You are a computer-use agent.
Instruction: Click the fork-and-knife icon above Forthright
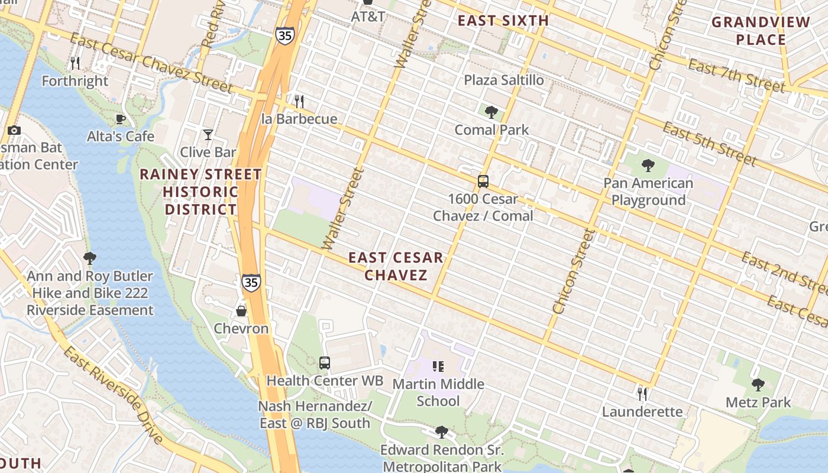(x=75, y=63)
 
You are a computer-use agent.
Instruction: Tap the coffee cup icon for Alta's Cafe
(x=121, y=119)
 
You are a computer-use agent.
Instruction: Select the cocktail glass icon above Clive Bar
(x=208, y=135)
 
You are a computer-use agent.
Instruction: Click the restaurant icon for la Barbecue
(x=299, y=101)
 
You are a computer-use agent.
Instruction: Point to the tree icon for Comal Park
(x=491, y=112)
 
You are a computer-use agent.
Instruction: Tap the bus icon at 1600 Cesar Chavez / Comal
(x=483, y=181)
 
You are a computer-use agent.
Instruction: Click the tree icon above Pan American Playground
(x=648, y=165)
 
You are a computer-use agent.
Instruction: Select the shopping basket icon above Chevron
(x=241, y=310)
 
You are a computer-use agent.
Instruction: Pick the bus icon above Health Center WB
(x=324, y=362)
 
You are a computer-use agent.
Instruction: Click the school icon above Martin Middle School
(x=438, y=367)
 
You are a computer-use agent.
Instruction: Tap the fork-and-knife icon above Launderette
(x=642, y=393)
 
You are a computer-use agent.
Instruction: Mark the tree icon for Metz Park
(x=758, y=385)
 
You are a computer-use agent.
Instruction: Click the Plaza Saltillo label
(x=504, y=80)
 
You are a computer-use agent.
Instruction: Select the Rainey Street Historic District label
(x=201, y=192)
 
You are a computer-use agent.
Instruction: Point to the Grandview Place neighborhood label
(x=761, y=31)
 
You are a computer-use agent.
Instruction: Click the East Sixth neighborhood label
(x=503, y=21)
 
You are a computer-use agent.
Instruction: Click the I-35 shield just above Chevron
(x=251, y=283)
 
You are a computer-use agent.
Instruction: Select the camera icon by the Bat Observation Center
(x=14, y=130)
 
